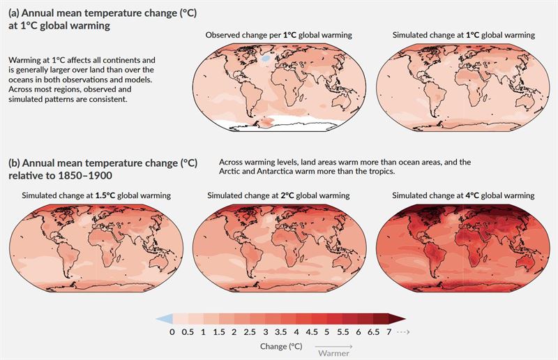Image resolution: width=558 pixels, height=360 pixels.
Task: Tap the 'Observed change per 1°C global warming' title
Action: (x=278, y=35)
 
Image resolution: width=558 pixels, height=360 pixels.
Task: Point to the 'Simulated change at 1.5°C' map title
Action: (x=96, y=195)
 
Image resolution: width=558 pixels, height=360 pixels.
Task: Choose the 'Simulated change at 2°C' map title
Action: (x=278, y=195)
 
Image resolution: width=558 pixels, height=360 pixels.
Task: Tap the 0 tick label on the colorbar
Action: (x=172, y=331)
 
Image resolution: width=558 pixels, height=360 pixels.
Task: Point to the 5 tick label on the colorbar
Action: (x=329, y=331)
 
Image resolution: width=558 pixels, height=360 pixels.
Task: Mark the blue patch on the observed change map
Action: (x=265, y=60)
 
